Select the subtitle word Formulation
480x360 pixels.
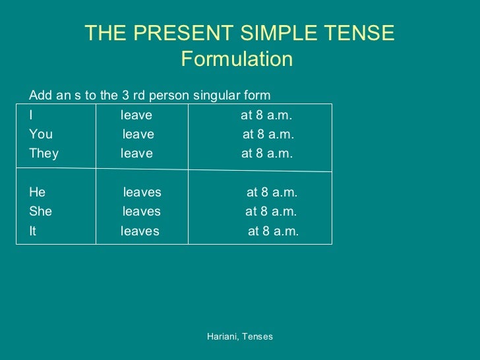pos(236,60)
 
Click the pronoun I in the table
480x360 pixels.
pos(31,115)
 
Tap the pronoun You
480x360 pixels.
pos(41,135)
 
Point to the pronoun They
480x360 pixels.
pos(44,154)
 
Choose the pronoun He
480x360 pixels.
pos(37,193)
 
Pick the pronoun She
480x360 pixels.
pos(40,212)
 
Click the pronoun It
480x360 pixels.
pos(32,231)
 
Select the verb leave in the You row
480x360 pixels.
pos(138,135)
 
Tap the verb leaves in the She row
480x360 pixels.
pos(141,212)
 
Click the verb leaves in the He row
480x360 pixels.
pos(142,193)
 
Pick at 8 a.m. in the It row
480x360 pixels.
pos(273,231)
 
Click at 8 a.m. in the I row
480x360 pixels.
pos(266,115)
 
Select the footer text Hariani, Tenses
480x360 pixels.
pos(240,336)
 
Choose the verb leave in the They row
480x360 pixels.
pos(136,154)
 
